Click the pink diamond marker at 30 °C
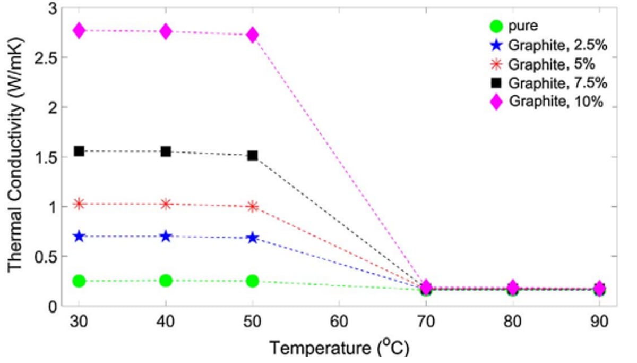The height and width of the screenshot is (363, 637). [x=79, y=30]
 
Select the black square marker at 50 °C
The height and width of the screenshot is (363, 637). [x=253, y=156]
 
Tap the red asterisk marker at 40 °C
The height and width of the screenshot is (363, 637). [x=166, y=204]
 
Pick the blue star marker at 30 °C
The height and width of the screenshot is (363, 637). [x=79, y=236]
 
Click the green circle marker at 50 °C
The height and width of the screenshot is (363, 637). [x=253, y=281]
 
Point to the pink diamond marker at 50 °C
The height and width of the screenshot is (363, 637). [x=253, y=35]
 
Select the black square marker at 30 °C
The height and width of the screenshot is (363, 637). [x=79, y=151]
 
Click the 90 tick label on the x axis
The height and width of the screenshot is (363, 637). [x=599, y=323]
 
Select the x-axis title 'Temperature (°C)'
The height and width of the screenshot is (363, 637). [x=339, y=349]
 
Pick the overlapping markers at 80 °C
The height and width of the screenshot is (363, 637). [x=513, y=289]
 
